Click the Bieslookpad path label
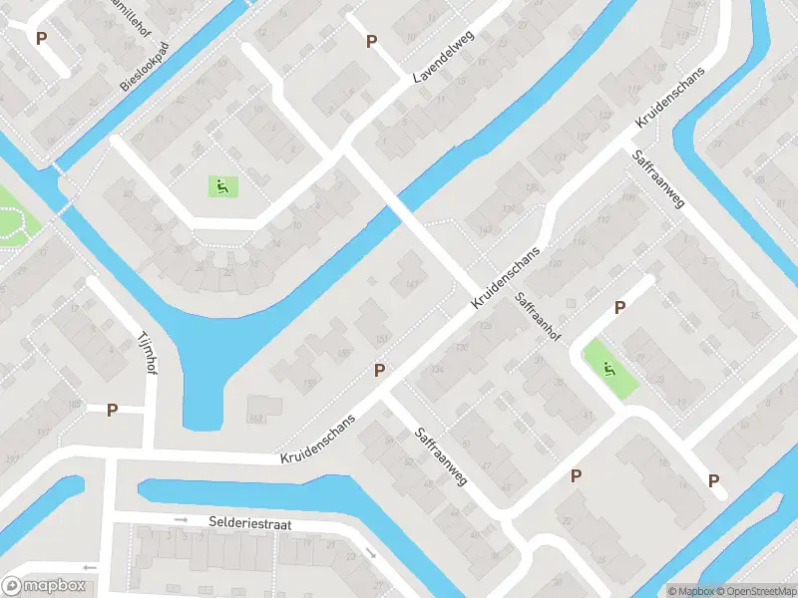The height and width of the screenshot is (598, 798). [x=146, y=67]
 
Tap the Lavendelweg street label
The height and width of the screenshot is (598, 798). [x=444, y=57]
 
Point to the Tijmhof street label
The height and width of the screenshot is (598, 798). [x=148, y=353]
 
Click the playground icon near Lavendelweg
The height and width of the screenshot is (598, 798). [x=220, y=184]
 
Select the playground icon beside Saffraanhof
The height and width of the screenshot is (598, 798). [x=608, y=369]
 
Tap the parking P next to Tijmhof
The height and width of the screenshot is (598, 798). [x=113, y=410]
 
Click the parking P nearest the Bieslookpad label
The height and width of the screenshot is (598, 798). [x=41, y=38]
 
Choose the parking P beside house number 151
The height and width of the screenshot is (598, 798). [x=379, y=370]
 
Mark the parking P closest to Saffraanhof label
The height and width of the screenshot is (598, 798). [x=619, y=308]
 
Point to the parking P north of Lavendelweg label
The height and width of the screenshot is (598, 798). [x=372, y=41]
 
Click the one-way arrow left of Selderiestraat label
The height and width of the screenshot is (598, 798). [x=181, y=519]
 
